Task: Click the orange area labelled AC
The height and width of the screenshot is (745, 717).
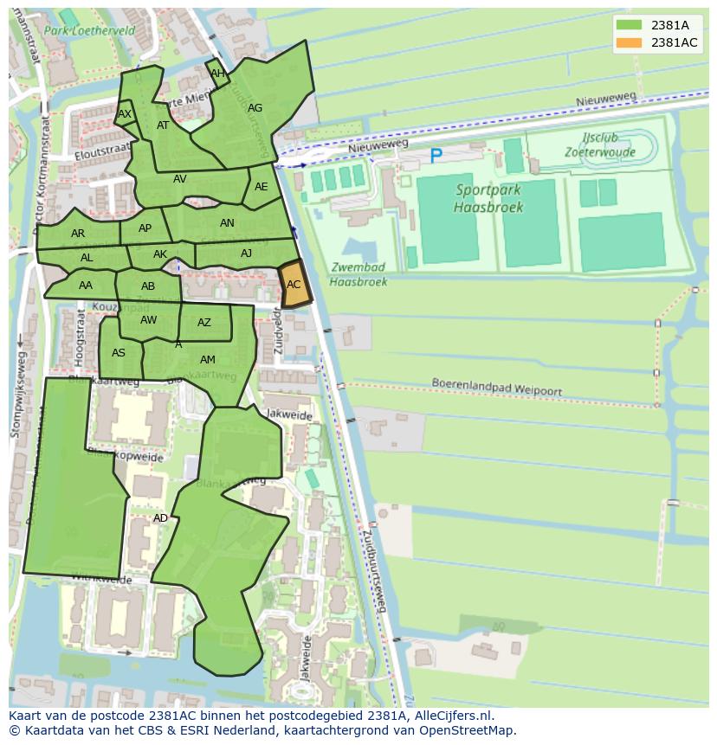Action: (294, 285)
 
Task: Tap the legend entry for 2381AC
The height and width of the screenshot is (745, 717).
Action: (674, 43)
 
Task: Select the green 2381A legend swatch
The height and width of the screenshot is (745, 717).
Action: (629, 26)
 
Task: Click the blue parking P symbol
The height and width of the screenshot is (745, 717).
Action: (436, 157)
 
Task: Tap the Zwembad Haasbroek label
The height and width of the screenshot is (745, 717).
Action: (358, 274)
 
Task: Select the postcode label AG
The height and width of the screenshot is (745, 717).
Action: (255, 108)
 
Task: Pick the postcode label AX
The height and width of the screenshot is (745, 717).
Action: (125, 114)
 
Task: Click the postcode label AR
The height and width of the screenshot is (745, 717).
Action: (78, 234)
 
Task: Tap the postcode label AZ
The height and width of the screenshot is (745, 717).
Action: (204, 323)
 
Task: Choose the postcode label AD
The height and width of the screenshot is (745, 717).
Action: (160, 518)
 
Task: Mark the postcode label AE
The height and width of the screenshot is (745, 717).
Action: (261, 187)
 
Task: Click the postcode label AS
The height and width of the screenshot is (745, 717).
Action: (119, 352)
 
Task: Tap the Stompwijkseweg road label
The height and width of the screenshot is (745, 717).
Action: (16, 393)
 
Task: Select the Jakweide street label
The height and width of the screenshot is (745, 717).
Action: (289, 415)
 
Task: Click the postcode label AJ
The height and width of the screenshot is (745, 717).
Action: (247, 254)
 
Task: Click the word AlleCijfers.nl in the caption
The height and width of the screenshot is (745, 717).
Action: (451, 716)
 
